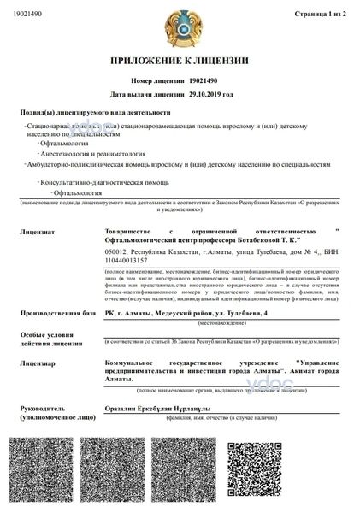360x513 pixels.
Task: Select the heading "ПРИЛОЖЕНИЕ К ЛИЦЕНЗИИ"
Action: (x=180, y=62)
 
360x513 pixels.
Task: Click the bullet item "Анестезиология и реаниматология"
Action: (x=81, y=154)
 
